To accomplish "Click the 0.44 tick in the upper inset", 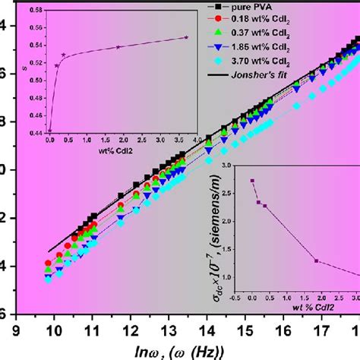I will pos(36,131).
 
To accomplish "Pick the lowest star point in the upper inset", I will pos(50,131).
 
